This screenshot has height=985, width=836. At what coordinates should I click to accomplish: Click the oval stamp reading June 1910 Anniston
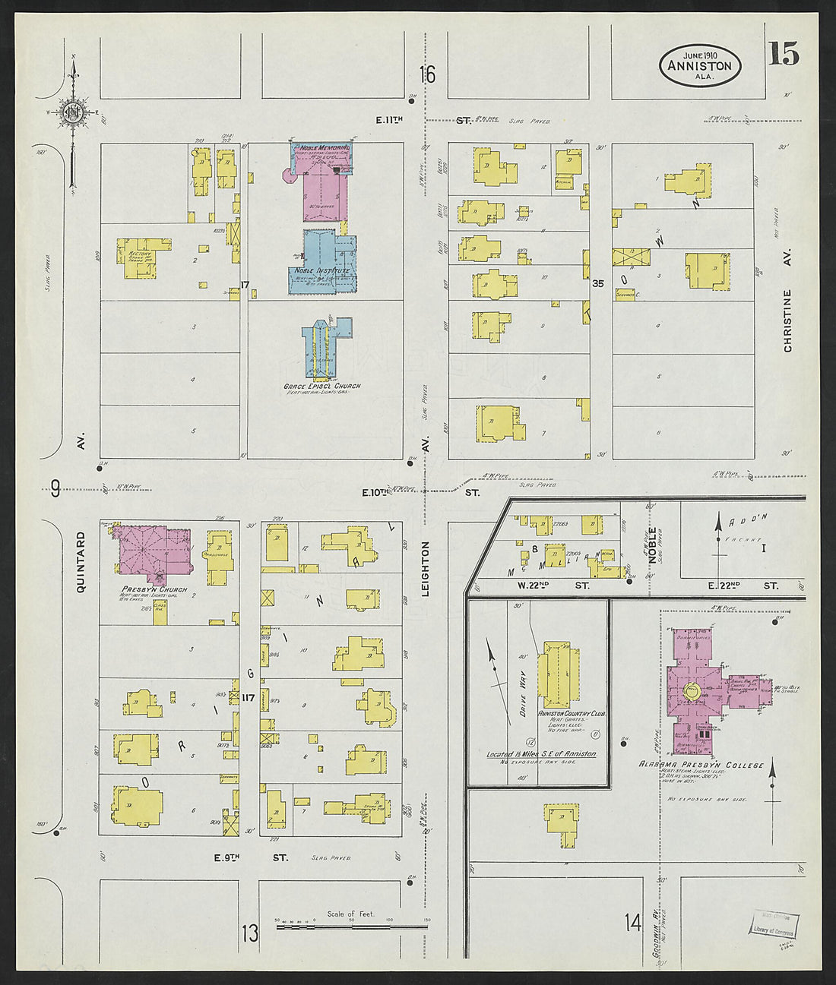pyautogui.click(x=700, y=65)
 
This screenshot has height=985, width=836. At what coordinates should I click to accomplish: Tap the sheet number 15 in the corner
pyautogui.click(x=783, y=55)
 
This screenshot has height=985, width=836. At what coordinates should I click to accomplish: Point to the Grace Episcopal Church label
pyautogui.click(x=322, y=386)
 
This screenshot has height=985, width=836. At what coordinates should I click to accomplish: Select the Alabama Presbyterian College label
pyautogui.click(x=711, y=765)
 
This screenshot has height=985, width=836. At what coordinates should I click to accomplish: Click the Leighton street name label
pyautogui.click(x=426, y=568)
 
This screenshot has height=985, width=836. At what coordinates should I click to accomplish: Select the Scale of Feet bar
pyautogui.click(x=351, y=926)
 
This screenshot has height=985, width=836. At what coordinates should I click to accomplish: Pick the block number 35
pyautogui.click(x=598, y=284)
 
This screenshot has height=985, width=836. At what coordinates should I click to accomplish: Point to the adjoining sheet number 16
pyautogui.click(x=428, y=74)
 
